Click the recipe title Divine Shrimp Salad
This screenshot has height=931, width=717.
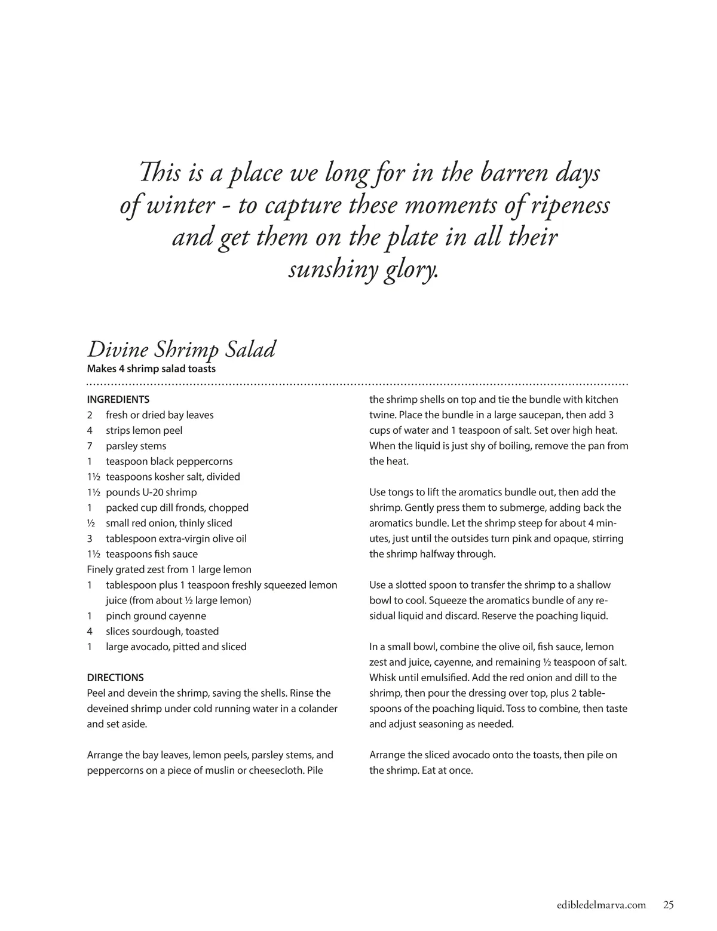tap(181, 350)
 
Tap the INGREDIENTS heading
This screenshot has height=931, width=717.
tap(118, 400)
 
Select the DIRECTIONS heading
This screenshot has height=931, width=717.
tap(115, 678)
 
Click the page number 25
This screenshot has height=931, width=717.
tap(668, 905)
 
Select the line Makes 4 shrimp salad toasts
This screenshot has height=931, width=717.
tap(151, 369)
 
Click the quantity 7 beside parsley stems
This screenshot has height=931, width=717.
tap(90, 446)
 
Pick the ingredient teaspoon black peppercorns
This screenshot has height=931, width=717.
tap(169, 462)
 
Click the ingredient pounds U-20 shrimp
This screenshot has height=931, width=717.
tap(151, 493)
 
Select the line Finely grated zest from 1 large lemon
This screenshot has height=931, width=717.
tap(169, 570)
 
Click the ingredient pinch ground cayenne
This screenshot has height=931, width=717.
tap(155, 616)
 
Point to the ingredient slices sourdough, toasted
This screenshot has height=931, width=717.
tap(162, 632)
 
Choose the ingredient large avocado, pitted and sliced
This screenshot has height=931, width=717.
tap(176, 647)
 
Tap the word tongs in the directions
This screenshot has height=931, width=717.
tap(402, 493)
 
